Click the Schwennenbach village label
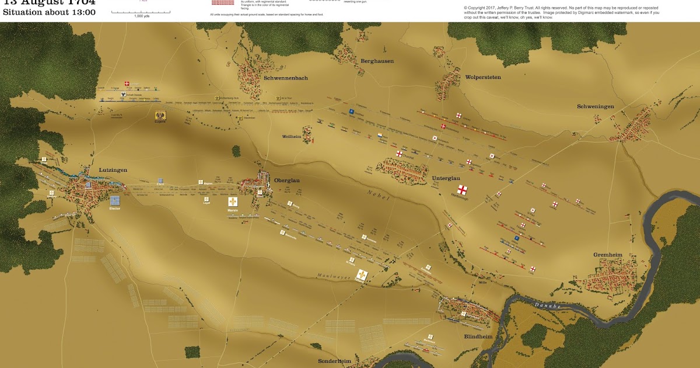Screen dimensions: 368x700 pos(285,78)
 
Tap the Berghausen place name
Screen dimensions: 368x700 pos(377,61)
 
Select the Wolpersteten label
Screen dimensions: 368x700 pos(482,77)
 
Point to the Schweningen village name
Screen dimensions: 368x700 pos(596,106)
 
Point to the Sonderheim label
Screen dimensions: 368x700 pos(334,362)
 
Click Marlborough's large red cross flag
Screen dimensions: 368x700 pos(462,190)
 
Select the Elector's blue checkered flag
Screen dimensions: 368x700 pos(114,200)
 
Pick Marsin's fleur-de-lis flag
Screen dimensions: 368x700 pos(233,202)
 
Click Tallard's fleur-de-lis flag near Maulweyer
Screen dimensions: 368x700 pos(362,275)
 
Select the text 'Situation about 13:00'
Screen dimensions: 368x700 pos(49,12)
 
